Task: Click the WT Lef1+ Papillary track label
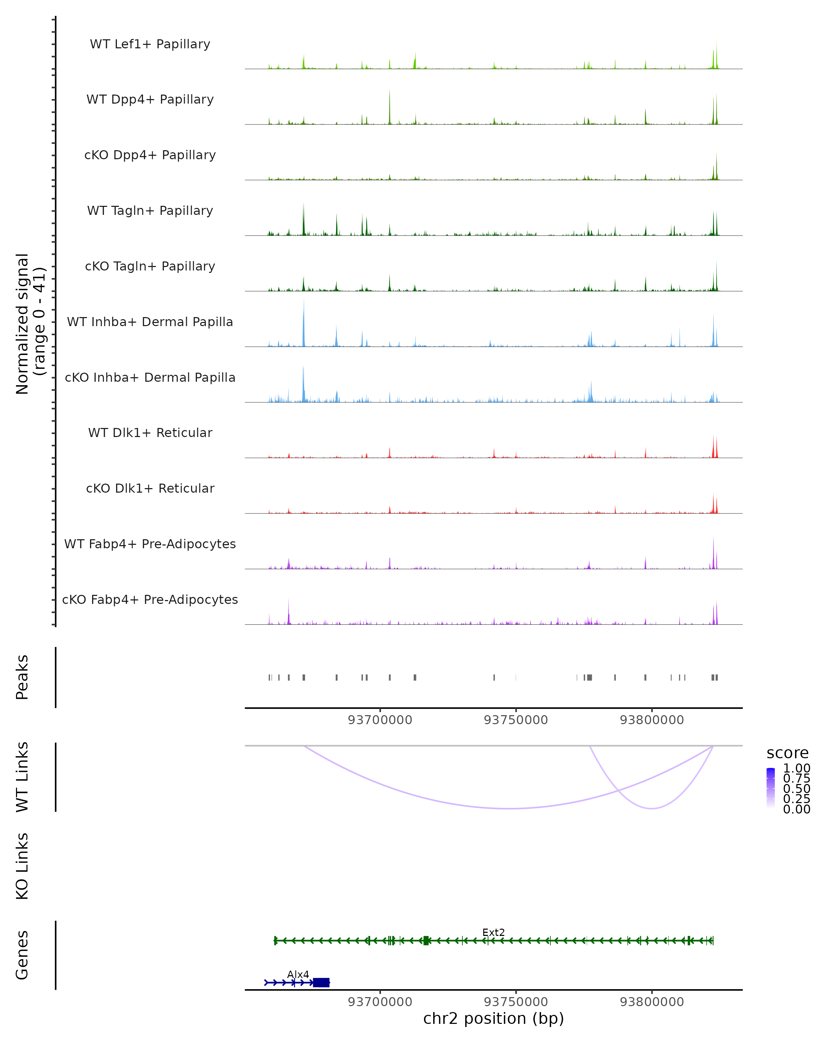(150, 44)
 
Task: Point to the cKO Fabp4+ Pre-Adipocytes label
(150, 599)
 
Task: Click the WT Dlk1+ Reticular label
(150, 432)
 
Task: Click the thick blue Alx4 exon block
(321, 983)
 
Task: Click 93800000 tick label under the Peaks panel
(652, 720)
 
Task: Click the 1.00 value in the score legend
(796, 768)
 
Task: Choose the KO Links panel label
(22, 866)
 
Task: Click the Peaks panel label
(22, 677)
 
